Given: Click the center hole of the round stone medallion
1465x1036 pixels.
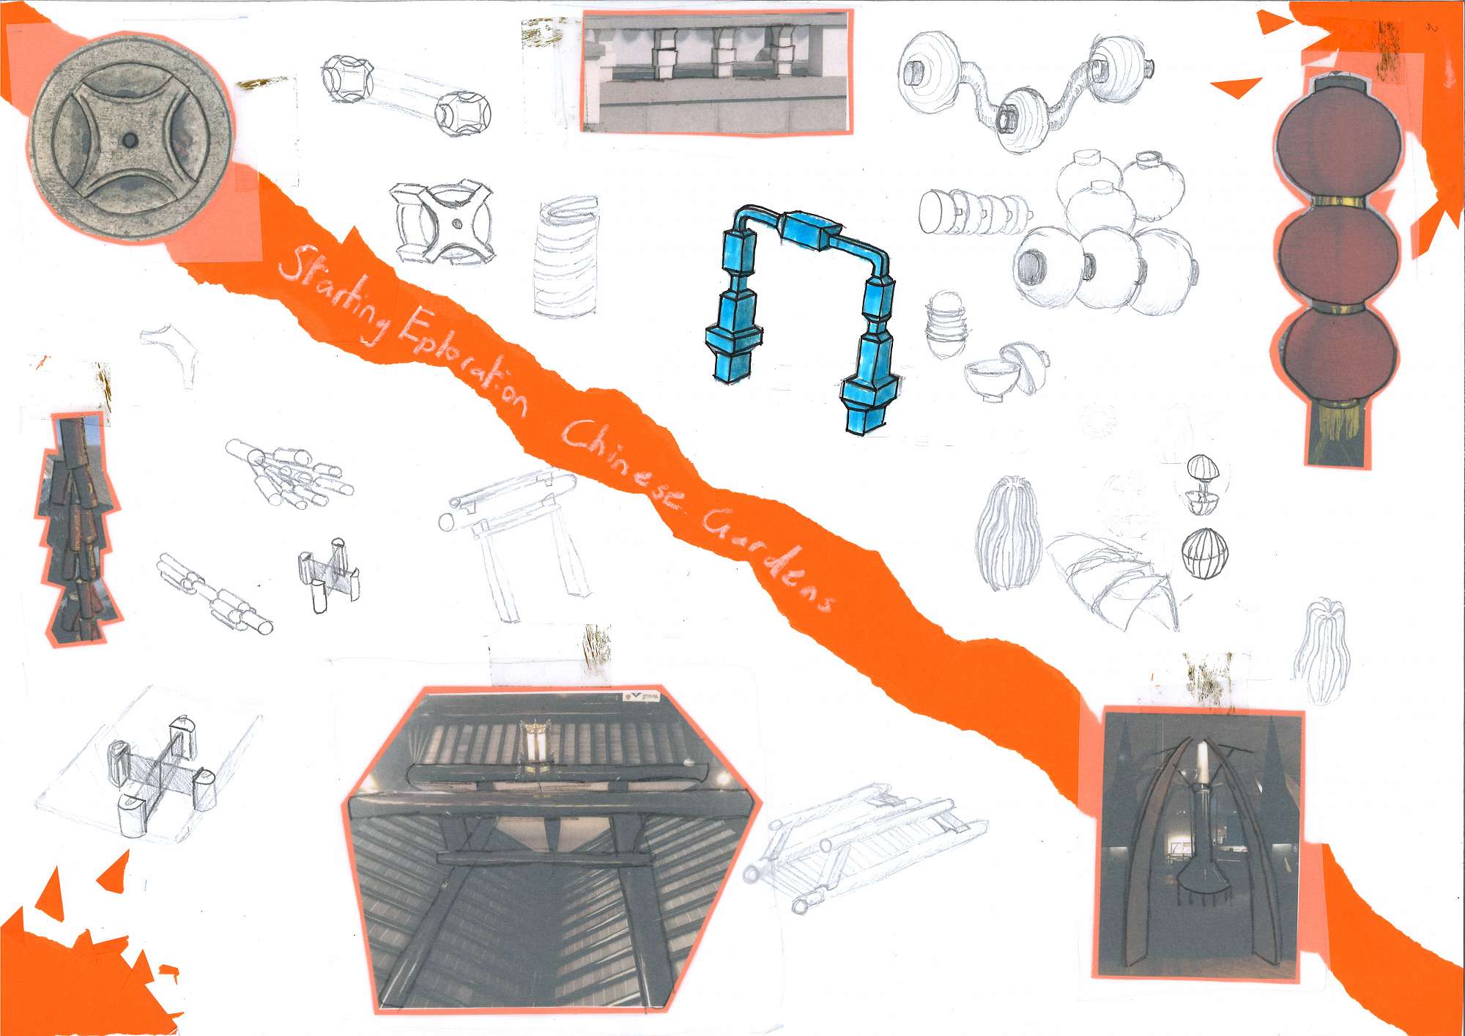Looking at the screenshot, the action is (x=130, y=139).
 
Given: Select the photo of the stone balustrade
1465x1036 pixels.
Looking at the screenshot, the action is (x=717, y=72).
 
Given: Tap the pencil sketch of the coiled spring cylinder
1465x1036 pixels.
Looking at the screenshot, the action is (x=565, y=256).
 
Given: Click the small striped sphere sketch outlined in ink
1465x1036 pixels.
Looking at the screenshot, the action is (x=1205, y=554).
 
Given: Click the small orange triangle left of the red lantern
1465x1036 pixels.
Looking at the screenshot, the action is (x=1236, y=88).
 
